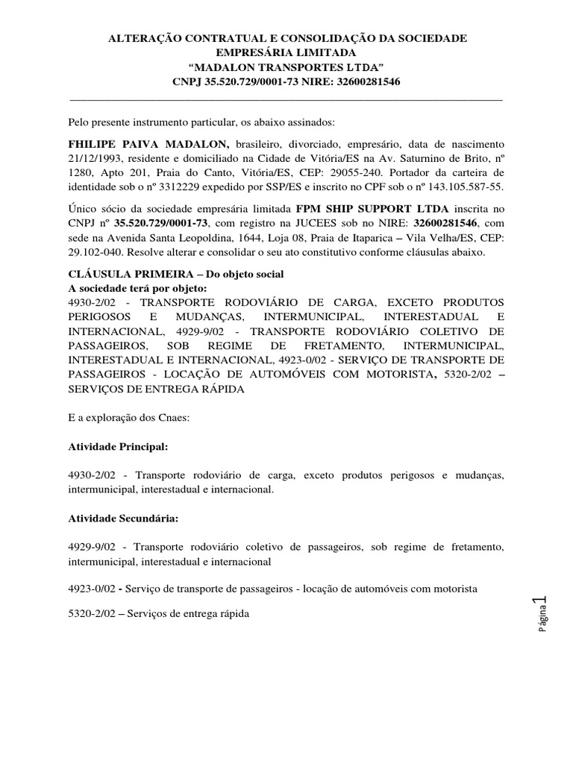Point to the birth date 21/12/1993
95,157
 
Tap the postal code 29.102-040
98,252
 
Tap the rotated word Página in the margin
543,621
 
